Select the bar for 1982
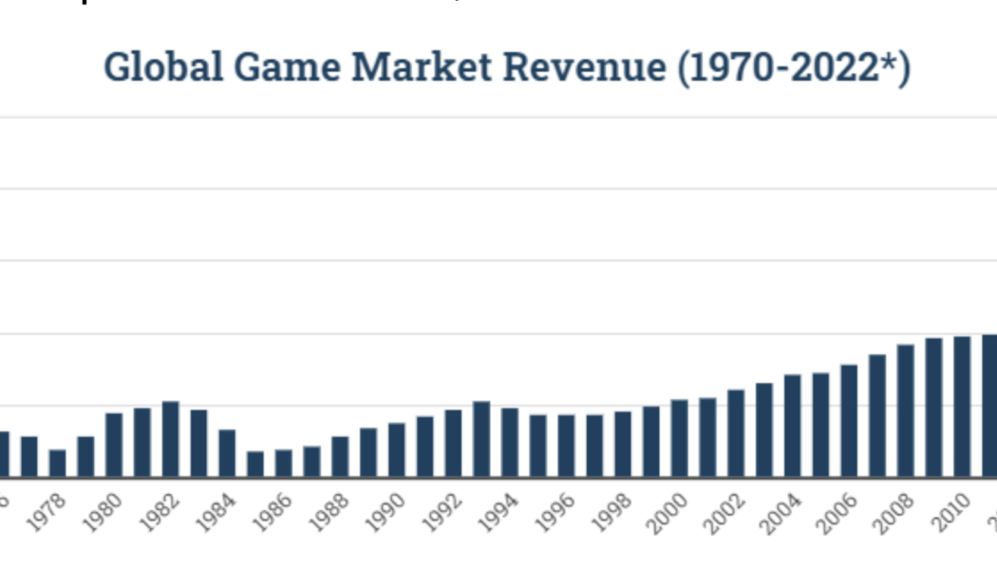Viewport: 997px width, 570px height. pos(171,439)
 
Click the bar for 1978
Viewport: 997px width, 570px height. pos(58,463)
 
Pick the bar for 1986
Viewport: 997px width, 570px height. pos(283,463)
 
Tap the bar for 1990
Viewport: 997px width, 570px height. pos(396,449)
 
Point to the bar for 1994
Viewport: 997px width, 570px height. pos(510,442)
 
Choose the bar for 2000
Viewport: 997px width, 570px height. pos(679,438)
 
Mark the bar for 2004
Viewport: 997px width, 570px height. pos(792,426)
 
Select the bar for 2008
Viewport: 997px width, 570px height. pos(906,410)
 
